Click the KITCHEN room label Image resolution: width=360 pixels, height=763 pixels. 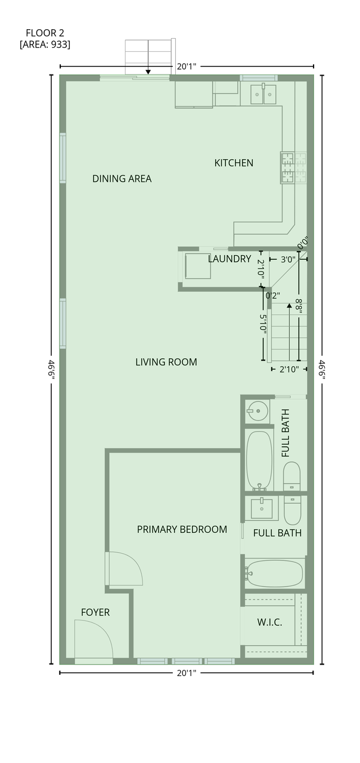[234, 163]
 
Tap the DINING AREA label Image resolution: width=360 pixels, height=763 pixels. [122, 178]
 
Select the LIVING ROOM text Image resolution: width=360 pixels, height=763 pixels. [166, 362]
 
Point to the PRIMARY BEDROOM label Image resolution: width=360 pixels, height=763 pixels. [182, 529]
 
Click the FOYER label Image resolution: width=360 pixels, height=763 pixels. [95, 612]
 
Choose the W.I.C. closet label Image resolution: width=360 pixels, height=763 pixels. [270, 622]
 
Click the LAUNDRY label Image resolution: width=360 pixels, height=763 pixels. [229, 259]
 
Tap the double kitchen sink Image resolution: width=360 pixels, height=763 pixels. [263, 94]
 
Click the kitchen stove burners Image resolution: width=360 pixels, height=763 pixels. [287, 168]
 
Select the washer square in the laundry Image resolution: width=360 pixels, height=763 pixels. [198, 266]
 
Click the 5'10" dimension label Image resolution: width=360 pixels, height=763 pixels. [263, 324]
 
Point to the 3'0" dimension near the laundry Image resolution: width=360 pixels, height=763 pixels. [288, 260]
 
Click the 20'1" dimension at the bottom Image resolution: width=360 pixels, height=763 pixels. [187, 673]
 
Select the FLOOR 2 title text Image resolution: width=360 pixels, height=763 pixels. [45, 33]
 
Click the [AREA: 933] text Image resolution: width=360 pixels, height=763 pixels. [45, 45]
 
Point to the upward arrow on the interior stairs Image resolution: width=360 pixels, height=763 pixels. [289, 332]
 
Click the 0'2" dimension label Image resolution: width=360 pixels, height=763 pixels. [273, 295]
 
